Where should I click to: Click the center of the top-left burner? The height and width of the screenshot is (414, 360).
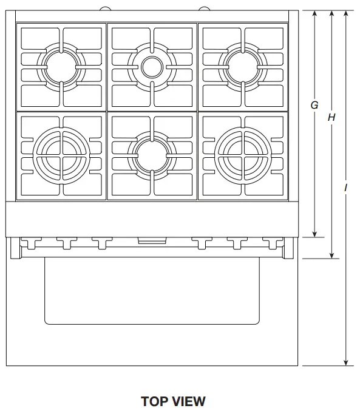click(x=61, y=65)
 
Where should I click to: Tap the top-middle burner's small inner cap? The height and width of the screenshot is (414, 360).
click(x=152, y=66)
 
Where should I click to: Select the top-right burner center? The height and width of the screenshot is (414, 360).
click(x=243, y=65)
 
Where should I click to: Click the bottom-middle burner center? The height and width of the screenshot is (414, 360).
click(x=152, y=154)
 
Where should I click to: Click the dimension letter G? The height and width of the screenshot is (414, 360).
click(x=314, y=105)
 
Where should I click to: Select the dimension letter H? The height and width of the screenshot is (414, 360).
click(x=331, y=118)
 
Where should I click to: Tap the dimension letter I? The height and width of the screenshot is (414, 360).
click(x=346, y=188)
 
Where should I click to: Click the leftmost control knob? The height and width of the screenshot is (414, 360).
click(x=29, y=243)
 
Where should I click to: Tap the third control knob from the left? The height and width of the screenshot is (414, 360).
click(x=100, y=243)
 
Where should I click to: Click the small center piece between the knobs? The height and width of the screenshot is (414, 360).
click(x=149, y=241)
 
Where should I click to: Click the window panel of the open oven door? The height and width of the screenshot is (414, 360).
click(x=152, y=291)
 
